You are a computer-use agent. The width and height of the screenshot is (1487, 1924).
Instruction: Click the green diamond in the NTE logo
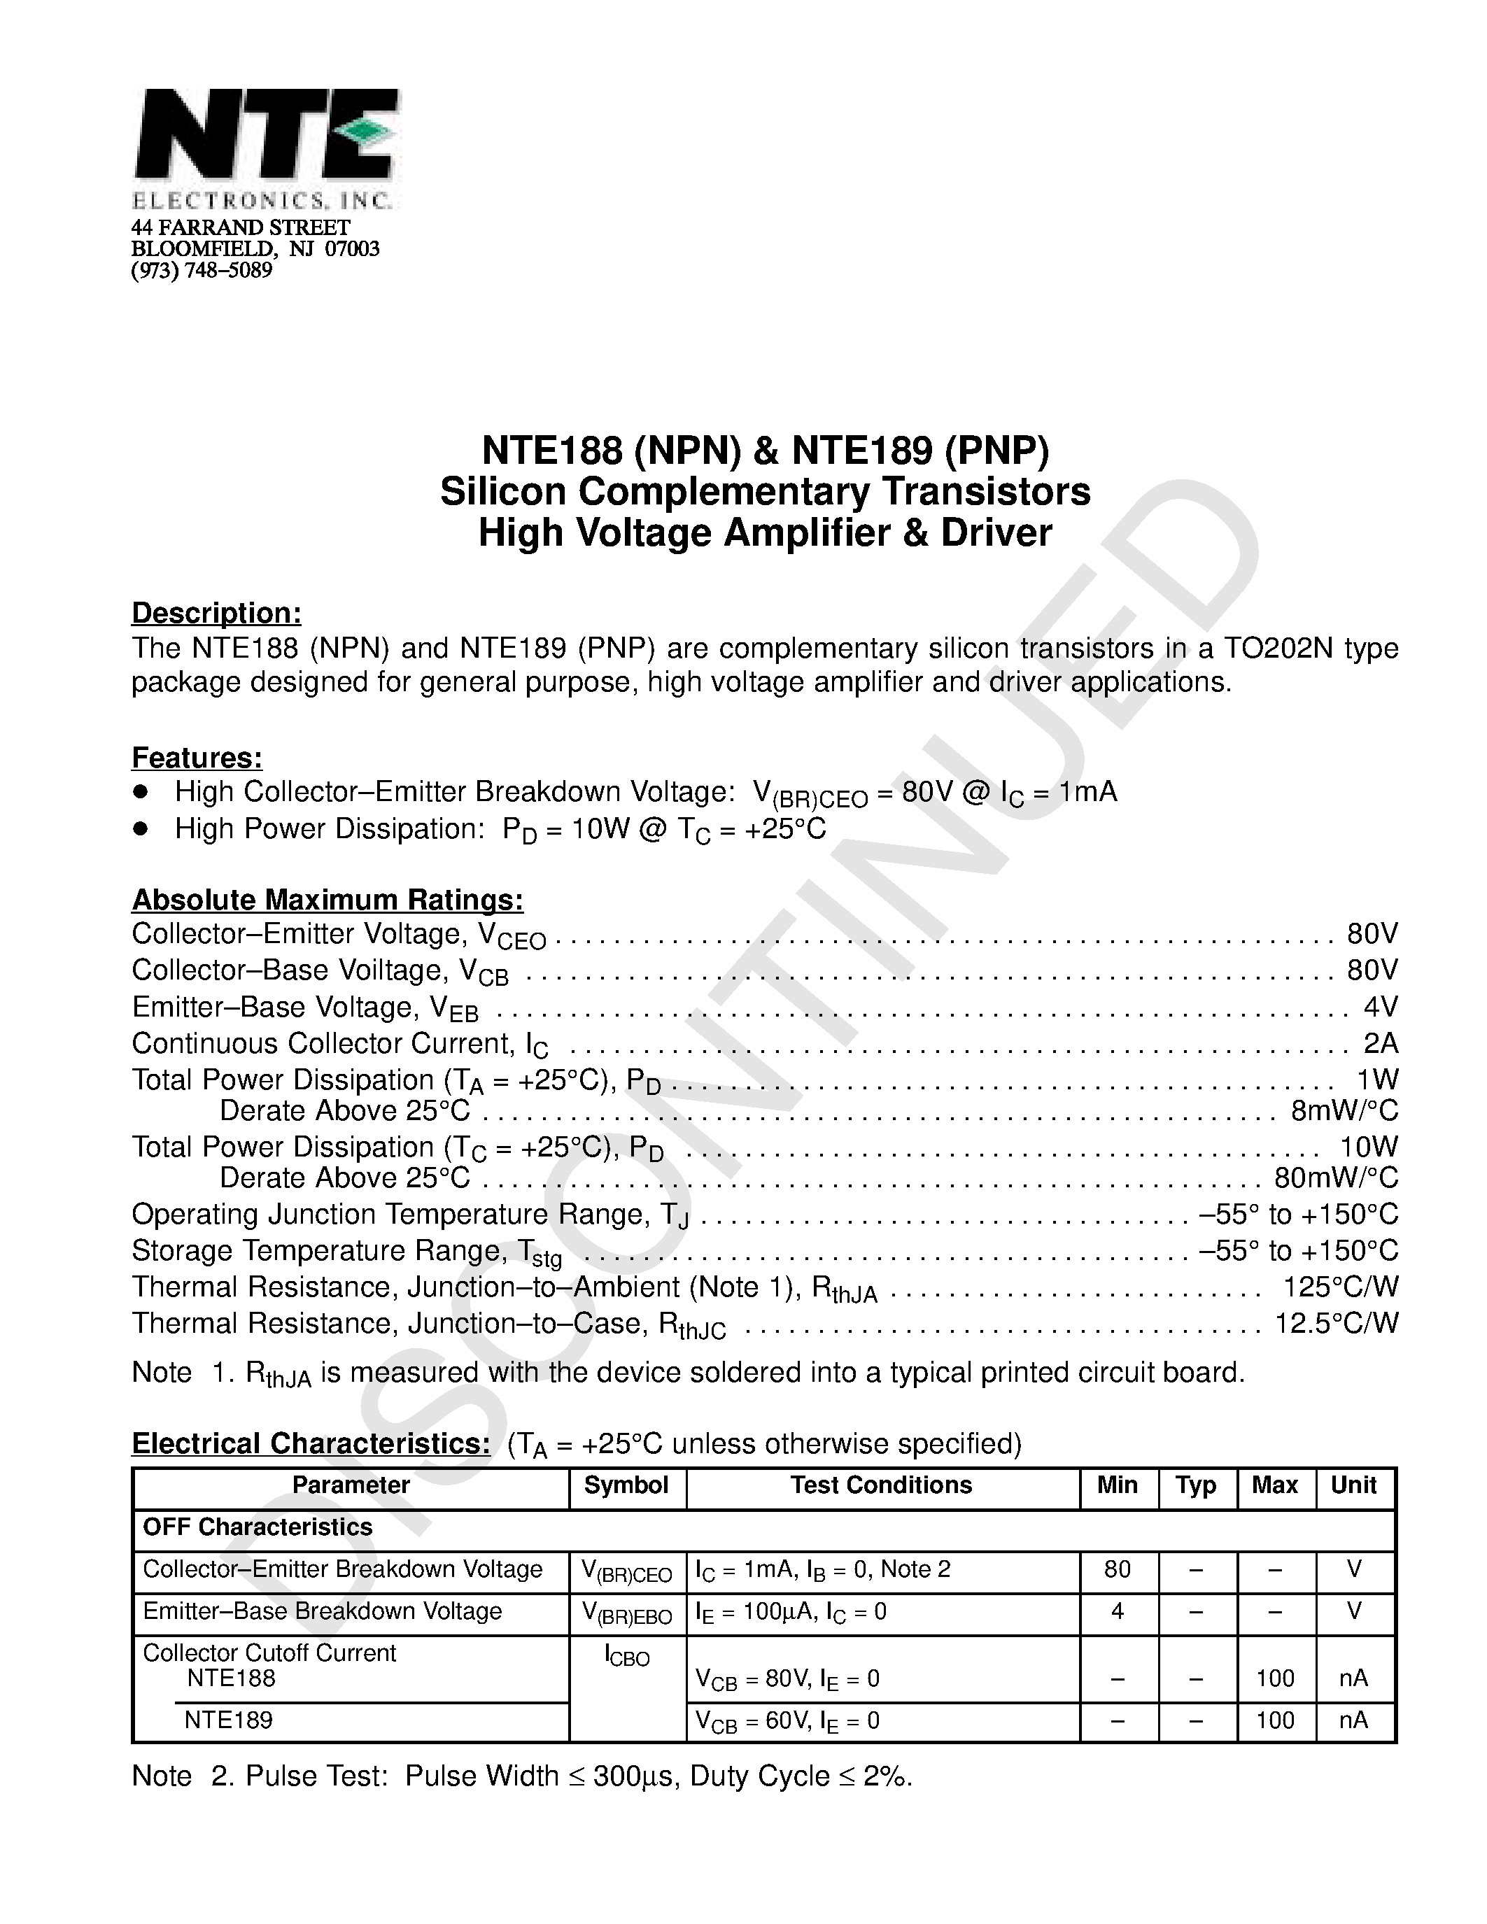tap(369, 132)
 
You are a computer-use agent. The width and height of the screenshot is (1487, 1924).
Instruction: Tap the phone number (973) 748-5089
tap(202, 271)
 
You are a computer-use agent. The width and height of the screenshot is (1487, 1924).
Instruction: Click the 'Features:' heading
tap(197, 758)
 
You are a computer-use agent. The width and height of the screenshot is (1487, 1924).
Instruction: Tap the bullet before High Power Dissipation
tap(140, 828)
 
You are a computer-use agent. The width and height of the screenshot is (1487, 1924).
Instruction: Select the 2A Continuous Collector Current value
tap(1379, 1043)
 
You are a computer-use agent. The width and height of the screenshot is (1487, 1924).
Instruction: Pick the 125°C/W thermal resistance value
tap(1340, 1287)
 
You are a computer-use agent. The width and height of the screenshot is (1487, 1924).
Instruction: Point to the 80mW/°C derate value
tap(1335, 1177)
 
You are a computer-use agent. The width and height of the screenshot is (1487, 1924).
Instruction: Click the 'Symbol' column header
tap(626, 1485)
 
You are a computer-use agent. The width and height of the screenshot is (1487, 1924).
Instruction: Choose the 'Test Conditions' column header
tap(881, 1485)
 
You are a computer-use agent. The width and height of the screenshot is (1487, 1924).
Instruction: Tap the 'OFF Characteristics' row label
tap(258, 1527)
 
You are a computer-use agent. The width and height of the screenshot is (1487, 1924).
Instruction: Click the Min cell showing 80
tap(1117, 1569)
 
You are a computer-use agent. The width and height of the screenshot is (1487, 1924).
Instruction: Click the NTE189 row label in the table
tap(228, 1720)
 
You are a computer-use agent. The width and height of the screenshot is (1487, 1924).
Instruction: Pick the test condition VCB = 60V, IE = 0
tap(787, 1721)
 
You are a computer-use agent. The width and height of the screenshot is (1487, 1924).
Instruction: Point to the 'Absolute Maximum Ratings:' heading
tap(327, 900)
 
